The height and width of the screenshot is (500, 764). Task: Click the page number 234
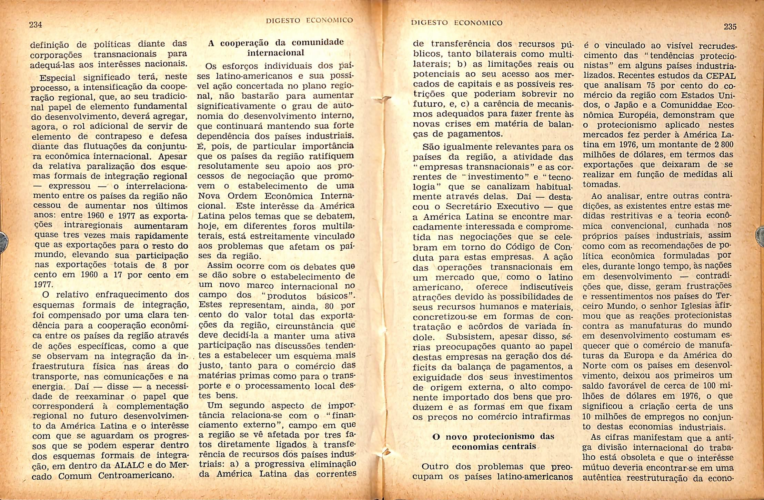coord(36,24)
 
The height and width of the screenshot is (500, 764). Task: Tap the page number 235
coord(730,27)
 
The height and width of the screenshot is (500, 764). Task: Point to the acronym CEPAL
coord(718,76)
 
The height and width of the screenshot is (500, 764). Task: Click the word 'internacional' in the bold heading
coord(275,53)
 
